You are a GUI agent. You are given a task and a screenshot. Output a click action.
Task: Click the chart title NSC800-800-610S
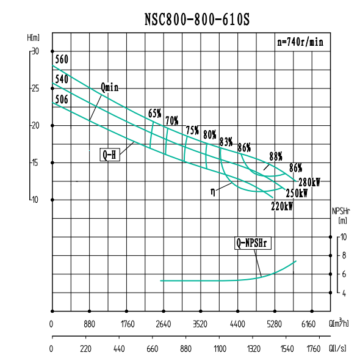tap(196, 20)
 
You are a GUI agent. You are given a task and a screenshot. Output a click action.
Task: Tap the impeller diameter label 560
tap(61, 60)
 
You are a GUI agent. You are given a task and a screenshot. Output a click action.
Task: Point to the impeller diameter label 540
tap(61, 79)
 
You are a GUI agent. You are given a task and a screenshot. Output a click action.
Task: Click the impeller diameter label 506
tap(61, 98)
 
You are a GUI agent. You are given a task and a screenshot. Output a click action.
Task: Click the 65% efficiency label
tap(155, 113)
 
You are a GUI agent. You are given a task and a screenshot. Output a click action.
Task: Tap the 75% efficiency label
tap(192, 130)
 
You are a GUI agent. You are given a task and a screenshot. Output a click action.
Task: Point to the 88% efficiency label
tap(276, 155)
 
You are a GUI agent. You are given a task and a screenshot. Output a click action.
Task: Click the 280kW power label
tap(309, 181)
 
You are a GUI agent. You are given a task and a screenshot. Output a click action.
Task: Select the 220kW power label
tap(282, 206)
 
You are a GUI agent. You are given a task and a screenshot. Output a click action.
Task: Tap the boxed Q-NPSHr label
tap(253, 243)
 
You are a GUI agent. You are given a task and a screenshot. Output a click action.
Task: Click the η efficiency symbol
tap(212, 191)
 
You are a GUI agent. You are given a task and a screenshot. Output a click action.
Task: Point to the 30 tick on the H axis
tap(35, 51)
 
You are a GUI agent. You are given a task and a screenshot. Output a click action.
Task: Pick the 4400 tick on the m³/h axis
tap(237, 324)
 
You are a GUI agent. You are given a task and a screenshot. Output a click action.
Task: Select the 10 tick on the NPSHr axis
tap(344, 236)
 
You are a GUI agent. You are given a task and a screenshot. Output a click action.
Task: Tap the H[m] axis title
tap(33, 37)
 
